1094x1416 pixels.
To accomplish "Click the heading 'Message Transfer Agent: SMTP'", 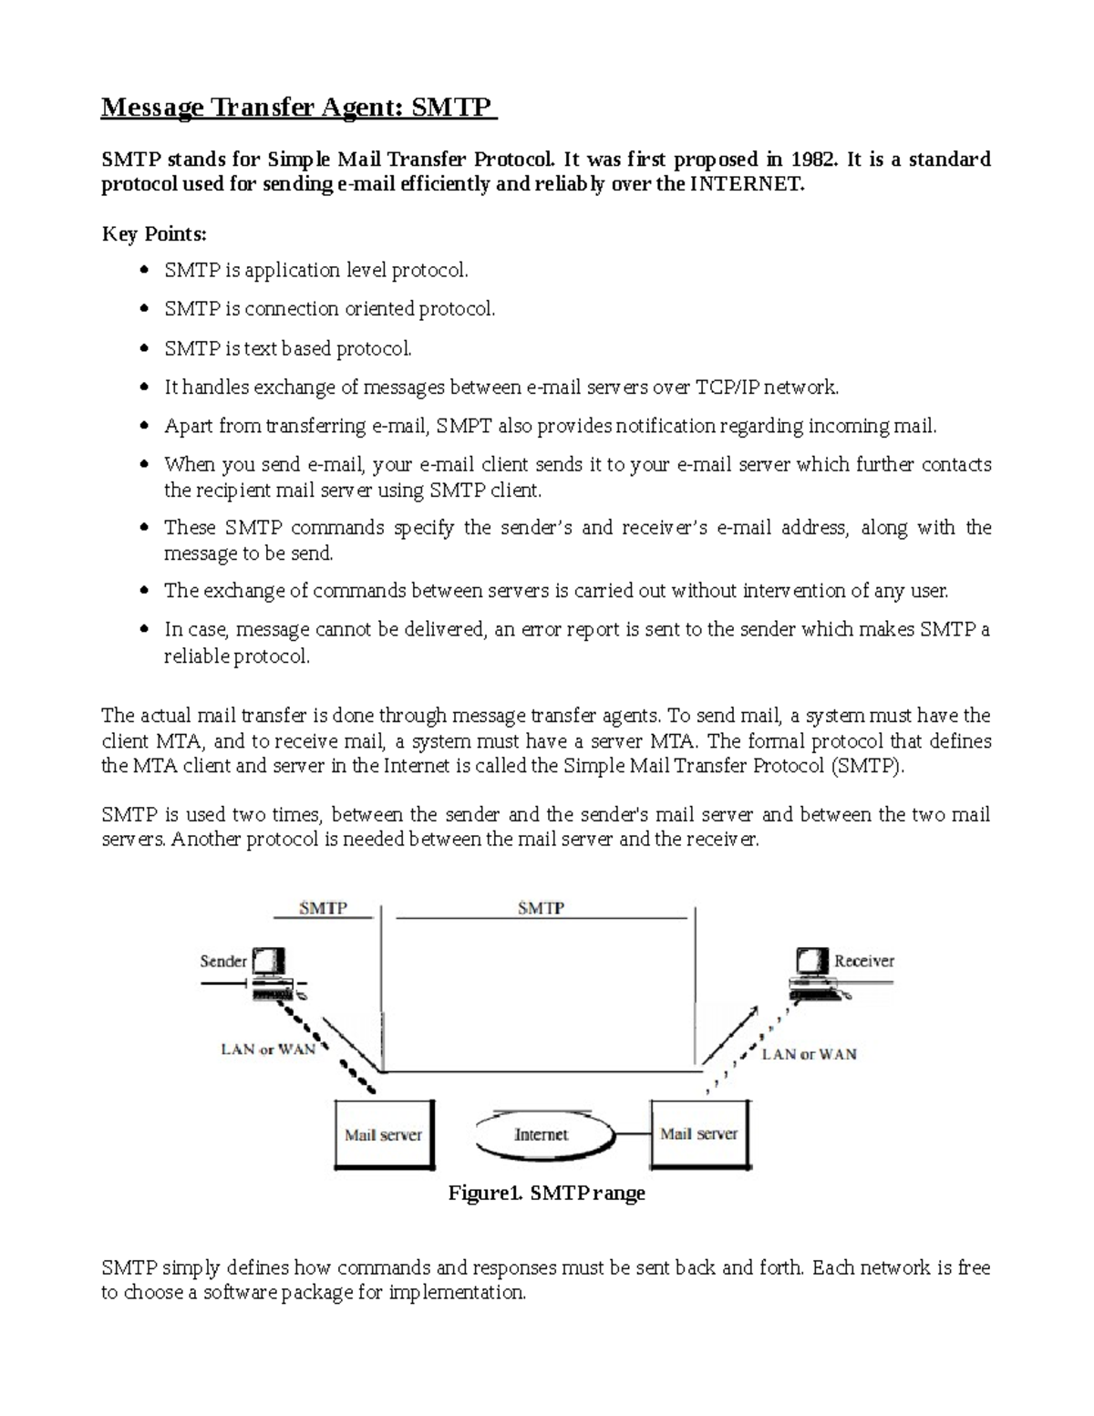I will coord(297,109).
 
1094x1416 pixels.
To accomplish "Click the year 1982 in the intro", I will coord(811,160).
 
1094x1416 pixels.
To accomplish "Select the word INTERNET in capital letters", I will coord(747,185).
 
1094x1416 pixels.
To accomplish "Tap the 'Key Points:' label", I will coord(154,234).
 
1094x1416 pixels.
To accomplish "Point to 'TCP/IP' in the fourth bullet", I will coord(728,388).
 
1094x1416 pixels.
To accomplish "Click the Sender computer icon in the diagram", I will coord(271,977).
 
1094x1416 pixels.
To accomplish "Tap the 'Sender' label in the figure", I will coord(223,961).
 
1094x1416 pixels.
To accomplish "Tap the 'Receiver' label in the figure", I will coord(864,961).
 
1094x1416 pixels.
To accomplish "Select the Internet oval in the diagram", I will coord(542,1135).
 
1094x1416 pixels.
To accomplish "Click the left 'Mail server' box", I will coord(384,1135).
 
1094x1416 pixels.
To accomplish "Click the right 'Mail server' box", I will coord(698,1134).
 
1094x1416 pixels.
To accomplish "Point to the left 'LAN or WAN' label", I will coord(268,1049).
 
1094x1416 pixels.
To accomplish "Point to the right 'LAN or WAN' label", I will coord(810,1054).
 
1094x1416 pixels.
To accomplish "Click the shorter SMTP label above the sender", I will coord(323,909).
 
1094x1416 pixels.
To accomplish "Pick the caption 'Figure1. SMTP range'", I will coord(547,1193).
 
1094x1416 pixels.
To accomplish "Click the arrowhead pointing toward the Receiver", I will coord(751,1011).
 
